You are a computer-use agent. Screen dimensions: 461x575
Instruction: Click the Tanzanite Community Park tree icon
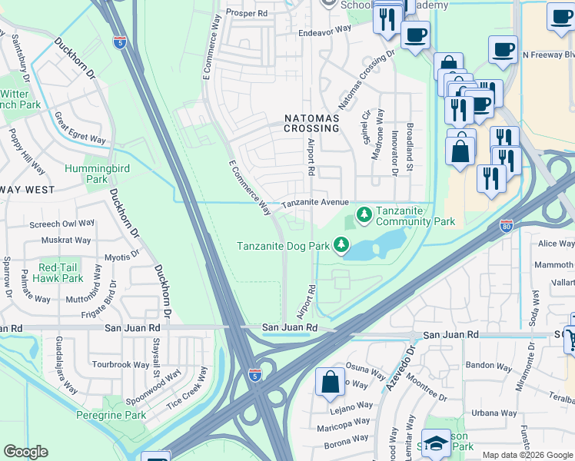tap(364, 213)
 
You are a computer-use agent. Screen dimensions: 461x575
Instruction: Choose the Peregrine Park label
tap(111, 415)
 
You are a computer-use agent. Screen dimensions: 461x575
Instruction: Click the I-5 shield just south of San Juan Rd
tap(254, 374)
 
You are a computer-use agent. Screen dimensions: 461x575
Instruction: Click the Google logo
tap(25, 452)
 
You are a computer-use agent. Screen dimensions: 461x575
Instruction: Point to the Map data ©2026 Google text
tap(527, 455)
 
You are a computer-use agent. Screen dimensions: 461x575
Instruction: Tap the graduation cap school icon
tap(436, 444)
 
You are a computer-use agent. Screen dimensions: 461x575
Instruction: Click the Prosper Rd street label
tap(247, 13)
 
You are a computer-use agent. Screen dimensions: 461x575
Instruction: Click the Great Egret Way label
tap(79, 128)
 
